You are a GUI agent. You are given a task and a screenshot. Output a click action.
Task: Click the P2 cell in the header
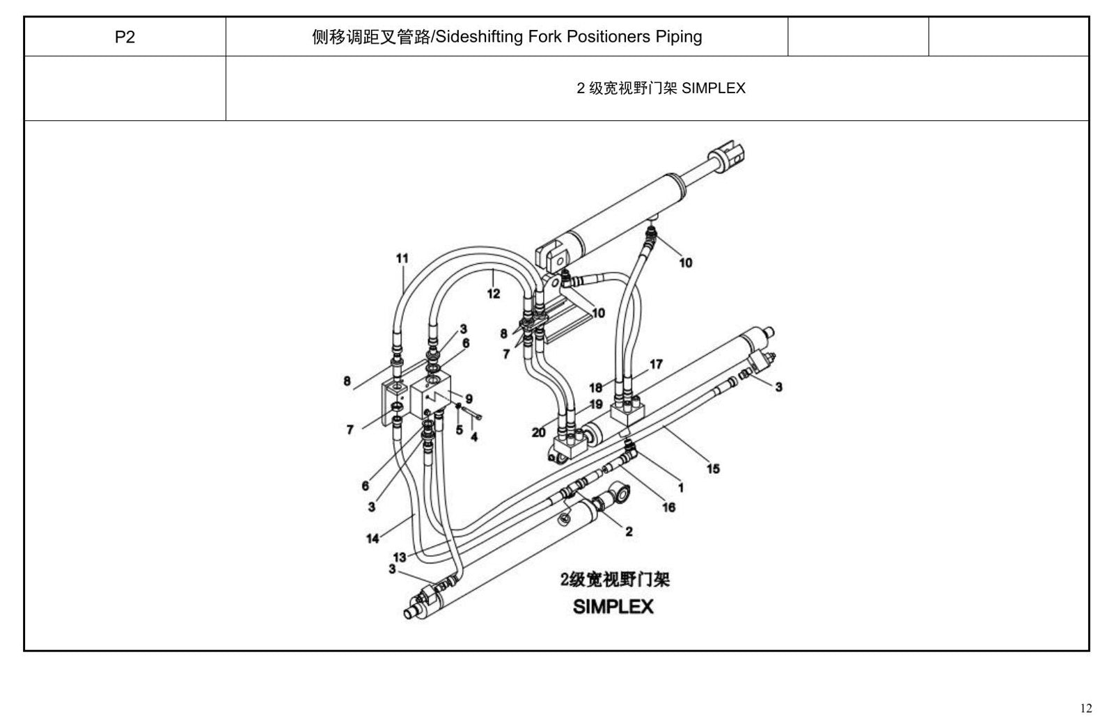[125, 37]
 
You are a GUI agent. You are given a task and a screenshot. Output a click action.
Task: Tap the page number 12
[1086, 708]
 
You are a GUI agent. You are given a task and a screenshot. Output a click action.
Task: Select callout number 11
[402, 258]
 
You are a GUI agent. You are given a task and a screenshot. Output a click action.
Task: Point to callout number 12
[494, 294]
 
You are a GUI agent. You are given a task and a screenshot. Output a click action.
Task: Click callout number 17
[656, 364]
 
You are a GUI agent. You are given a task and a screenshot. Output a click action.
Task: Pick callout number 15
[713, 468]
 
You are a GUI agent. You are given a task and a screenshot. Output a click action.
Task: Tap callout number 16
[669, 507]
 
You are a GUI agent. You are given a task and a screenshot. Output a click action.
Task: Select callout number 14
[372, 539]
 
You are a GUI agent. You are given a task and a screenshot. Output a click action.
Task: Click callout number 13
[400, 557]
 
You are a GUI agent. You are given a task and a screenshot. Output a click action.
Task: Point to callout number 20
[539, 433]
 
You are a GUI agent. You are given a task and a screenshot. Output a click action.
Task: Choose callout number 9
[469, 399]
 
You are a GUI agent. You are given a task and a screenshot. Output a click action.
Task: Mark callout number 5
[460, 430]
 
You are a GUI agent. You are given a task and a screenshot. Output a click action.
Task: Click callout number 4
[474, 437]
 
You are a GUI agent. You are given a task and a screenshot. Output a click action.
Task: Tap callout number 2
[629, 532]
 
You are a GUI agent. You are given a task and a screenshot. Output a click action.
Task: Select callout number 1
[681, 488]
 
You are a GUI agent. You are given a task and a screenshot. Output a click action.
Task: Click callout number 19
[596, 404]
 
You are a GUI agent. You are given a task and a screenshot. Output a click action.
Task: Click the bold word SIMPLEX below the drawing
[613, 607]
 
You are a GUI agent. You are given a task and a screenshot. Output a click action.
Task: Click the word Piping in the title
[679, 37]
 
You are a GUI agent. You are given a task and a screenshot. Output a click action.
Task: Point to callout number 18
[596, 388]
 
